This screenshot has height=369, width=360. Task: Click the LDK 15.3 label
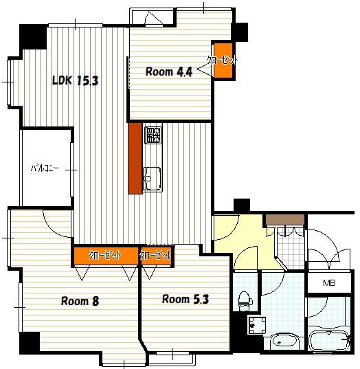(x=75, y=80)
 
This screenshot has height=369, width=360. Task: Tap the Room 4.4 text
(x=169, y=71)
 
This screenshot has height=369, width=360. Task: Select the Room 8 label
(x=80, y=301)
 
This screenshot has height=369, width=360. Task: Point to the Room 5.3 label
(x=185, y=299)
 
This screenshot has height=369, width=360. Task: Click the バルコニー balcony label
(x=45, y=168)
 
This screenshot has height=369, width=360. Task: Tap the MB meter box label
(x=329, y=283)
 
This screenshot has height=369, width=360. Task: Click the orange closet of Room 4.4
(x=223, y=60)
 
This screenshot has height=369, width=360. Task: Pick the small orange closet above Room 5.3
(x=156, y=256)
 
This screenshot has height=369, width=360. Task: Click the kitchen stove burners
(x=153, y=135)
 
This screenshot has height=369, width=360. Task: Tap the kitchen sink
(x=153, y=179)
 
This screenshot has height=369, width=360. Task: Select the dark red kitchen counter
(x=135, y=158)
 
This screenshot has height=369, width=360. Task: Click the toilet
(x=245, y=301)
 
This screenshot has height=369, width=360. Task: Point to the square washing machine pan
(x=257, y=325)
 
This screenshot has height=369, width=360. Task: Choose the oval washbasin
(x=284, y=341)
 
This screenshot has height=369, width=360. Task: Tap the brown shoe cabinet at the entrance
(x=285, y=219)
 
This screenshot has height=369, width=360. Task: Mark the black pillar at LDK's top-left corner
(x=33, y=37)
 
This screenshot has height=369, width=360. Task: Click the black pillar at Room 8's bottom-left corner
(x=30, y=343)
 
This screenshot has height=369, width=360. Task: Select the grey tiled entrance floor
(x=291, y=249)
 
